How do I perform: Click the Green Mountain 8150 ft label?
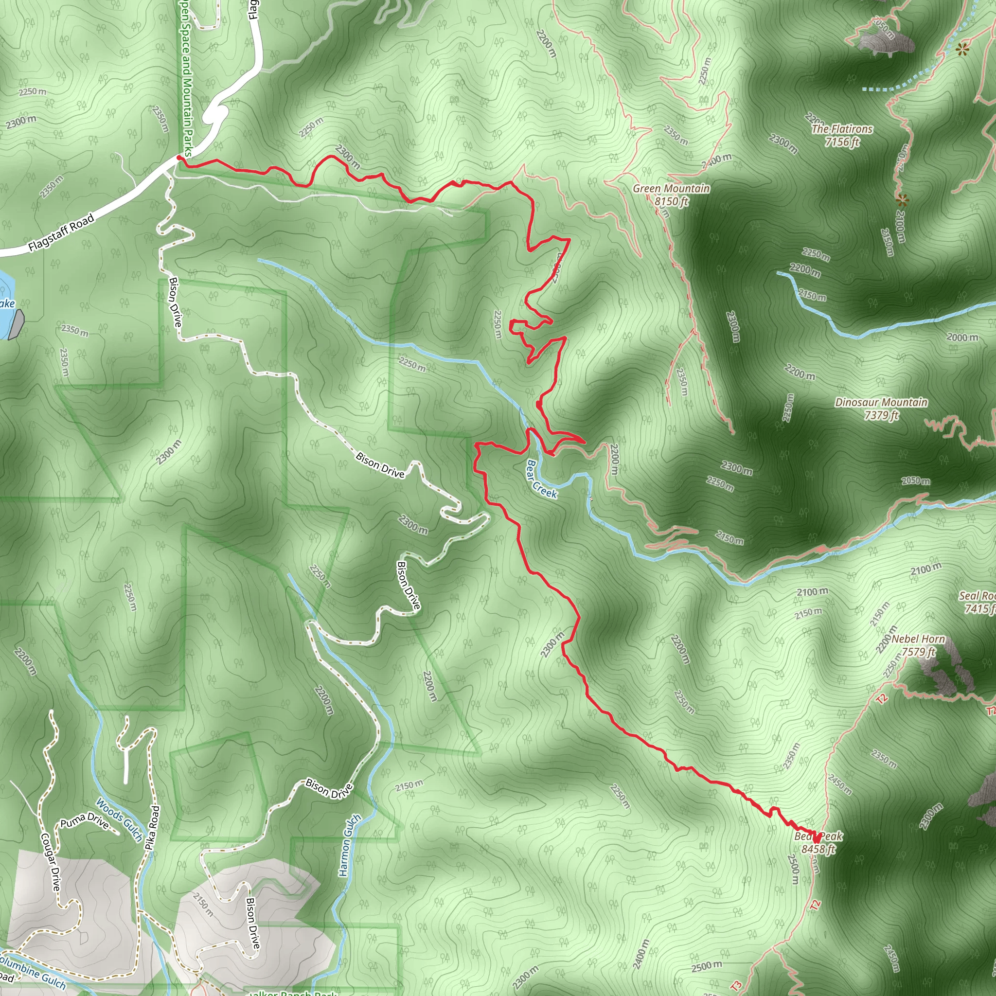[671, 195]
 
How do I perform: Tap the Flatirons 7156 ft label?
[842, 135]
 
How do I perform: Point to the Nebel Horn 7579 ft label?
[918, 645]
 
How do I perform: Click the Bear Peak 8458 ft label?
[818, 842]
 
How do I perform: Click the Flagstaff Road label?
[61, 232]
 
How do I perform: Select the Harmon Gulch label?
[349, 845]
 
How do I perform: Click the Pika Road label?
[152, 827]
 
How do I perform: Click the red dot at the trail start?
[179, 158]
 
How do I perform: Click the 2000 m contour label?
[962, 338]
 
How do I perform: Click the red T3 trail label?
[736, 985]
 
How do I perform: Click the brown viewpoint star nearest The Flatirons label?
[902, 199]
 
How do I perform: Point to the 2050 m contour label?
[916, 481]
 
